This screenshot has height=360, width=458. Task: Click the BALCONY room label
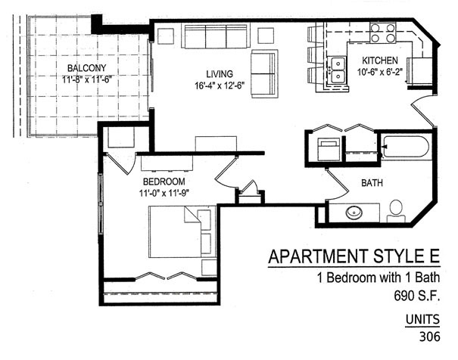coord(86,68)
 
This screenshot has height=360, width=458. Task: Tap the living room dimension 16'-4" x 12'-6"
coord(220,85)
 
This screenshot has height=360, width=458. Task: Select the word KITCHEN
coord(380,61)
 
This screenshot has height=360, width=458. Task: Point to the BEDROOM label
coord(164,182)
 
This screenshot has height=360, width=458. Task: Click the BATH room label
coord(372,183)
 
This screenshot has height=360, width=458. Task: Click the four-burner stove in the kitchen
coord(383,33)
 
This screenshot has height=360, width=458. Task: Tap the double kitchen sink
coord(338,70)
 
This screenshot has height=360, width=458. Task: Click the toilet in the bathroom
coord(396,212)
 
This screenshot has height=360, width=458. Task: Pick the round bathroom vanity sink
coord(354,213)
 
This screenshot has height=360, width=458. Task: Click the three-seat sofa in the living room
coord(216,36)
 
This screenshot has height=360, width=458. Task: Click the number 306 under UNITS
coord(429,337)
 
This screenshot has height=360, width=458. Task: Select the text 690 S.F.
coord(417,296)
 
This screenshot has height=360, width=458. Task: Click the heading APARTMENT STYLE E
coord(354,256)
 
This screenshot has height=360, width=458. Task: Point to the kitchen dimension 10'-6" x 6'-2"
coord(380,72)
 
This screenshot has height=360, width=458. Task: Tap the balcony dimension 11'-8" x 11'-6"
coord(87,79)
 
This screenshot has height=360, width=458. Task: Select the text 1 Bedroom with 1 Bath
coord(379,278)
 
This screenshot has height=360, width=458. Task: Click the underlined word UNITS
coord(422,319)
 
